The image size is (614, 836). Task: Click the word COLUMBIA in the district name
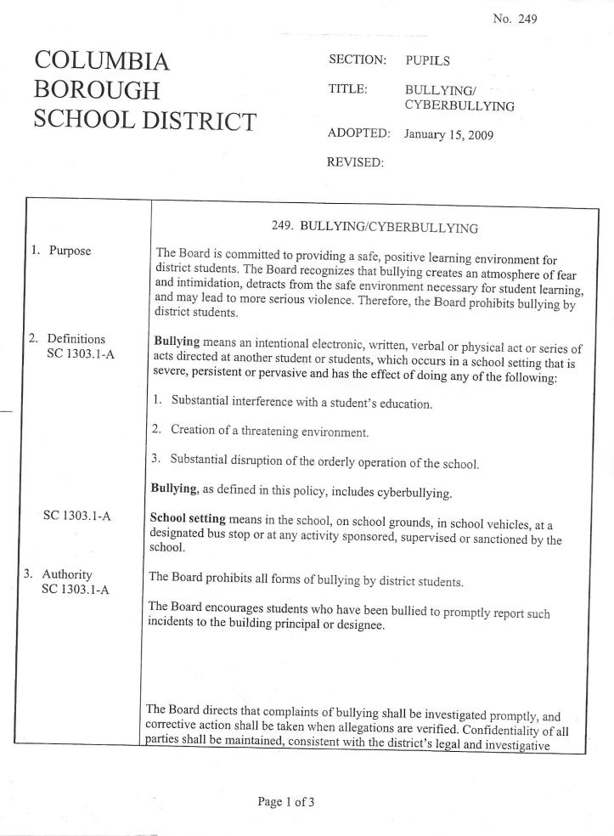tap(101, 61)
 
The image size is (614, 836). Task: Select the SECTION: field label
tap(358, 61)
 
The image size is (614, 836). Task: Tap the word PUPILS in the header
tap(428, 61)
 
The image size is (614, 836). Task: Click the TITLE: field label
tap(347, 88)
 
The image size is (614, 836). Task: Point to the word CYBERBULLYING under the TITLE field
tap(459, 105)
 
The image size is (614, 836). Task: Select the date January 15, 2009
tap(449, 134)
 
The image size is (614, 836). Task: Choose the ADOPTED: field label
tap(359, 134)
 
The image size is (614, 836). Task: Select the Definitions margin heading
tap(76, 339)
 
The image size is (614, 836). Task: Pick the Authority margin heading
tap(68, 574)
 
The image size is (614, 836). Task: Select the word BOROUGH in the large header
tap(96, 91)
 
